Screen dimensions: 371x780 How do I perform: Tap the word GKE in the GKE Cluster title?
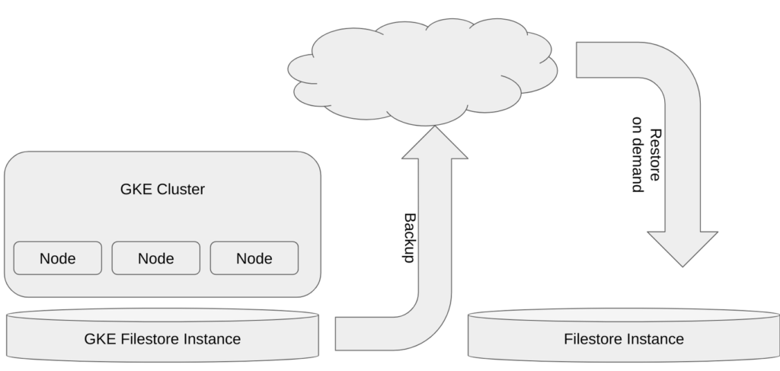pyautogui.click(x=135, y=190)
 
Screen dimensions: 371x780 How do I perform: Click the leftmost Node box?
pyautogui.click(x=58, y=258)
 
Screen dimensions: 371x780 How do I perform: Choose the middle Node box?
pyautogui.click(x=156, y=258)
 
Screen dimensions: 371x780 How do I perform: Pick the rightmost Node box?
pyautogui.click(x=254, y=258)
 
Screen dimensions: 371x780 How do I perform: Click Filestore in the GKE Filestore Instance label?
pyautogui.click(x=151, y=339)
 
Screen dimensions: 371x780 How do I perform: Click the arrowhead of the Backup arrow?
pyautogui.click(x=434, y=145)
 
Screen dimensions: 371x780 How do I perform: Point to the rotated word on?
pyautogui.click(x=637, y=125)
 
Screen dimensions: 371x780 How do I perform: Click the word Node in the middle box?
pyautogui.click(x=156, y=258)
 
